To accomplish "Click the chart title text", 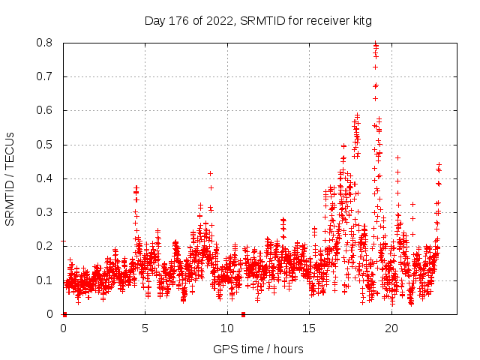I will (x=258, y=20).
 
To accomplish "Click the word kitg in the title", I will (x=360, y=20).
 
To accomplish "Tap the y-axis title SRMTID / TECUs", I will (x=10, y=178).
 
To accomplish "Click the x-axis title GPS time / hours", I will (x=258, y=349).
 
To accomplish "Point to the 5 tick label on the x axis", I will (x=145, y=328).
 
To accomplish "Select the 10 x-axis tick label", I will (x=227, y=328).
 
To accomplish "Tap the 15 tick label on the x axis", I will (x=310, y=328).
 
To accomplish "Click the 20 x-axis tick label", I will (x=391, y=328).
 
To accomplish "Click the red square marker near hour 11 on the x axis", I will (x=243, y=314).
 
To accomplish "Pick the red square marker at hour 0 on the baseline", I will (x=64, y=314).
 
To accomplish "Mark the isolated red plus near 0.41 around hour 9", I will (x=210, y=174).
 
